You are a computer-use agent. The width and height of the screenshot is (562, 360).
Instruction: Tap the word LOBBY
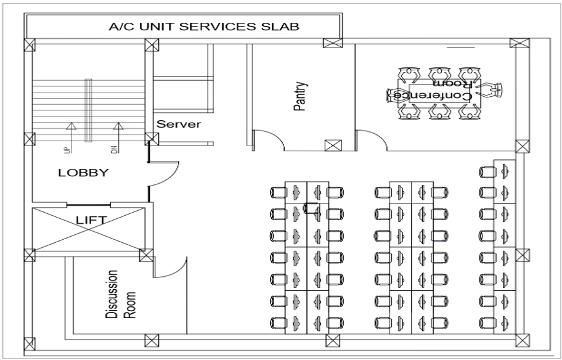tap(83, 173)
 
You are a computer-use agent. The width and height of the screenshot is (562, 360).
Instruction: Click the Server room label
tap(179, 124)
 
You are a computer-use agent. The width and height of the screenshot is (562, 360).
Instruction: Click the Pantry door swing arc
tap(269, 138)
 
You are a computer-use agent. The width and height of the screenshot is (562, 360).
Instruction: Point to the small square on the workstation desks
tap(312, 208)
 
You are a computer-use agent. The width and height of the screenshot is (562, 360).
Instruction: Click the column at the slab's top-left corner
tap(29, 45)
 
